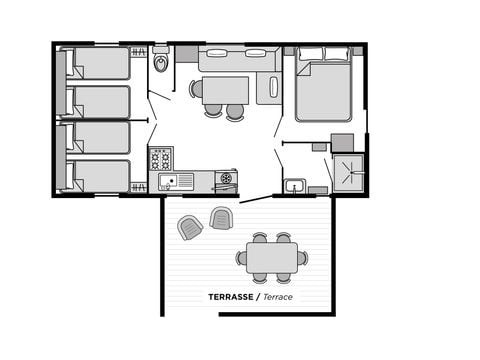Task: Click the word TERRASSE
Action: (x=230, y=297)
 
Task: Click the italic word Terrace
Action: (x=278, y=297)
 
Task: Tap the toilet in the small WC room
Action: (x=161, y=63)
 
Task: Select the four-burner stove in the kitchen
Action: (x=161, y=158)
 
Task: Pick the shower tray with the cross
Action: (x=349, y=171)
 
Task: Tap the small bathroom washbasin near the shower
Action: (x=294, y=185)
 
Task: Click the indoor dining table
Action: (x=225, y=90)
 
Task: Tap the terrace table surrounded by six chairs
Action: (x=271, y=258)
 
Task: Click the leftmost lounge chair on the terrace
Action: (x=189, y=228)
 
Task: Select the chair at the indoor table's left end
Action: (x=196, y=89)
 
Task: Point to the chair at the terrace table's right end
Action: (x=302, y=258)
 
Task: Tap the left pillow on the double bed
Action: (x=311, y=54)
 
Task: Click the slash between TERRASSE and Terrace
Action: (x=257, y=297)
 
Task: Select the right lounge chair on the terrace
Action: (x=222, y=217)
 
